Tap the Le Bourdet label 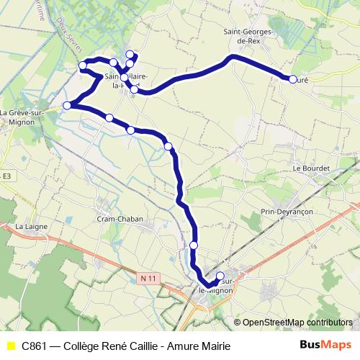(x=311, y=168)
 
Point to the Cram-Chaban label (x=120, y=219)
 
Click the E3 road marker (x=6, y=176)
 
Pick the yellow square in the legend (x=10, y=346)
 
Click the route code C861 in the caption (x=35, y=346)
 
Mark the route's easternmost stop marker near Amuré (x=292, y=80)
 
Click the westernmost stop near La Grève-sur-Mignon (x=68, y=106)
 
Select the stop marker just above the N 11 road (x=194, y=246)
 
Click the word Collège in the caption (x=82, y=346)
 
